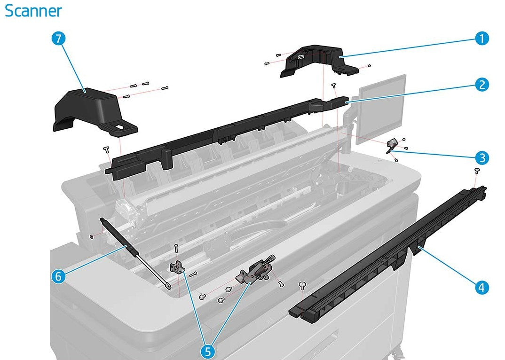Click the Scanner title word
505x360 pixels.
click(33, 10)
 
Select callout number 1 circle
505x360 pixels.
click(481, 39)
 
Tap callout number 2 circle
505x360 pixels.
click(481, 85)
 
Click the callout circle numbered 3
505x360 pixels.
click(481, 157)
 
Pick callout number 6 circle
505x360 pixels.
click(58, 277)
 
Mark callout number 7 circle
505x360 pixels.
click(58, 39)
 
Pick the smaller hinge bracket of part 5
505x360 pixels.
click(175, 267)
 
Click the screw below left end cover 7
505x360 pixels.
click(106, 149)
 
